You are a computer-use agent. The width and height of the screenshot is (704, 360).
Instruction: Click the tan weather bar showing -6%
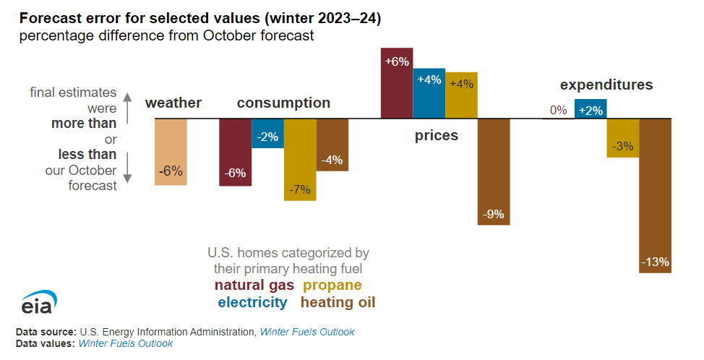[x=171, y=152]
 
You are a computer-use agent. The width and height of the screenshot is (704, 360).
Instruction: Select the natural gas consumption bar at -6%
[x=236, y=152]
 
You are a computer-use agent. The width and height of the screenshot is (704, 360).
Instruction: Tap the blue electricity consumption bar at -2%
[x=267, y=133]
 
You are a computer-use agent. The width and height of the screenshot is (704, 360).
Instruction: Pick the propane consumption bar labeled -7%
[x=300, y=159]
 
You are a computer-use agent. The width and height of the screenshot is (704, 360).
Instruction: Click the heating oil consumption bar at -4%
[x=332, y=145]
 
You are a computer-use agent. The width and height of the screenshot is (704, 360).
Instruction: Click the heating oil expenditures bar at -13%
[x=656, y=195]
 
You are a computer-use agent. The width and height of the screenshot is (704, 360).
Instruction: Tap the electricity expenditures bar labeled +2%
[x=591, y=109]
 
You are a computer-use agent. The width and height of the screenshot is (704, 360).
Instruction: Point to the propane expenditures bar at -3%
[x=623, y=137]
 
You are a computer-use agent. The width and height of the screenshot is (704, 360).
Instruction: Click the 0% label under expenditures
[x=558, y=111]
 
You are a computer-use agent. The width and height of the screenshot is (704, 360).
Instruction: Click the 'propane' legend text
[x=332, y=286]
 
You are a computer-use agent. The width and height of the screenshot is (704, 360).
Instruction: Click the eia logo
[x=40, y=302]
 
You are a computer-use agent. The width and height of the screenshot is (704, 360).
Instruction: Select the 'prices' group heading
[x=436, y=135]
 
